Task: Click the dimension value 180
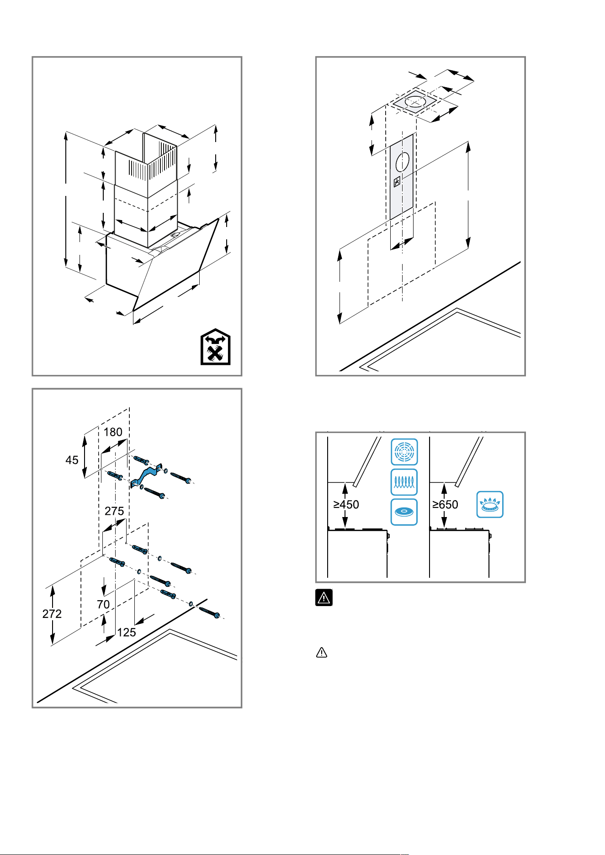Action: [113, 432]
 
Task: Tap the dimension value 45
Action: [72, 460]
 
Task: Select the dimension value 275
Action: [114, 511]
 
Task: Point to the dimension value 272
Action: [52, 614]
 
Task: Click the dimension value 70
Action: [103, 604]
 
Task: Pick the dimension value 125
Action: [127, 632]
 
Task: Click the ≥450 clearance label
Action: [346, 504]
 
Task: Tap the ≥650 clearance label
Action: [445, 504]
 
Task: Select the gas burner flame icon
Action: [490, 504]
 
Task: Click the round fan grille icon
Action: [404, 452]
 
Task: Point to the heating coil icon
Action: [404, 482]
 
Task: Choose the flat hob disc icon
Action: [404, 512]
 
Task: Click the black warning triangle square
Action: [324, 597]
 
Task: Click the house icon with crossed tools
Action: [216, 347]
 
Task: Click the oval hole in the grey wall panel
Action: [403, 162]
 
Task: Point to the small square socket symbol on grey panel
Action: [397, 181]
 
